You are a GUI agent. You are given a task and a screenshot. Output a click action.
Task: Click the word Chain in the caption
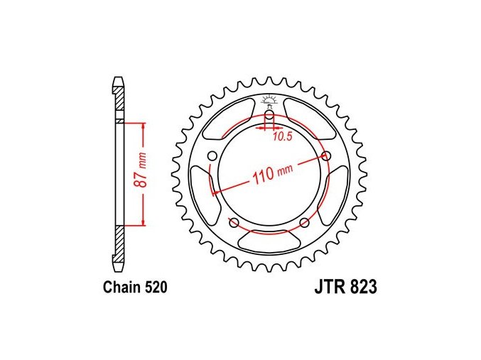tap(121, 288)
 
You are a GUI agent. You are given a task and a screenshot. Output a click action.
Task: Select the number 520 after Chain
tap(156, 288)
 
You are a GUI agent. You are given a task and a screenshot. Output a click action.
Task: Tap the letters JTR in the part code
tap(328, 288)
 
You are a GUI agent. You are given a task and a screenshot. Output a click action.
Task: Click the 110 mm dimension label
tap(272, 173)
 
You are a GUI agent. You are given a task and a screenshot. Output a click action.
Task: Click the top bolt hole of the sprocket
tap(270, 115)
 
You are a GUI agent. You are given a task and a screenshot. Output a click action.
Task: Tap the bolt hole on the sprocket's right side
tap(327, 156)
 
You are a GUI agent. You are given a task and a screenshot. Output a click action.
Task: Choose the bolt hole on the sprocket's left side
tap(212, 156)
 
